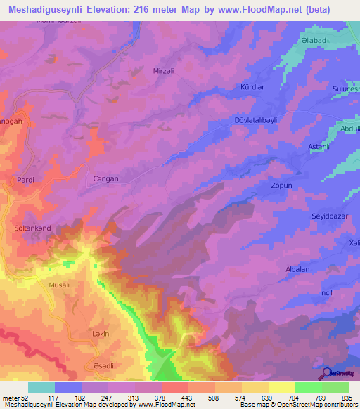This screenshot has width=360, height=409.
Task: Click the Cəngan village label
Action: (106, 179)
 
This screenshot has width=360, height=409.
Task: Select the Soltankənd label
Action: (34, 228)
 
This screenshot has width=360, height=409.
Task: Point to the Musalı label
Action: (60, 285)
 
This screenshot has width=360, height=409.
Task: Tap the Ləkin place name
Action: (101, 334)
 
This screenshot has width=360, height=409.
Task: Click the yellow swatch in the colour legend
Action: (281, 387)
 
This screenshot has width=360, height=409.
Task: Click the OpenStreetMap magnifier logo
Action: (328, 373)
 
